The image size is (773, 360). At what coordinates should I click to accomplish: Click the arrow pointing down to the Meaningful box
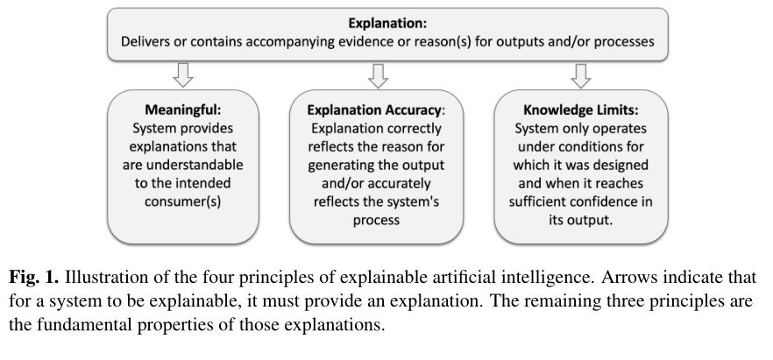pyautogui.click(x=181, y=75)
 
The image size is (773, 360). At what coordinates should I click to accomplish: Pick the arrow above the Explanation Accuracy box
pyautogui.click(x=378, y=75)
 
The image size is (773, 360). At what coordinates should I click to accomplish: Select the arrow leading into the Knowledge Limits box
pyautogui.click(x=580, y=75)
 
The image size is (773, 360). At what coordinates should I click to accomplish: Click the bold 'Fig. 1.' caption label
pyautogui.click(x=32, y=277)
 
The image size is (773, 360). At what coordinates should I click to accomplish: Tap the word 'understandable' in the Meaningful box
pyautogui.click(x=193, y=166)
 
